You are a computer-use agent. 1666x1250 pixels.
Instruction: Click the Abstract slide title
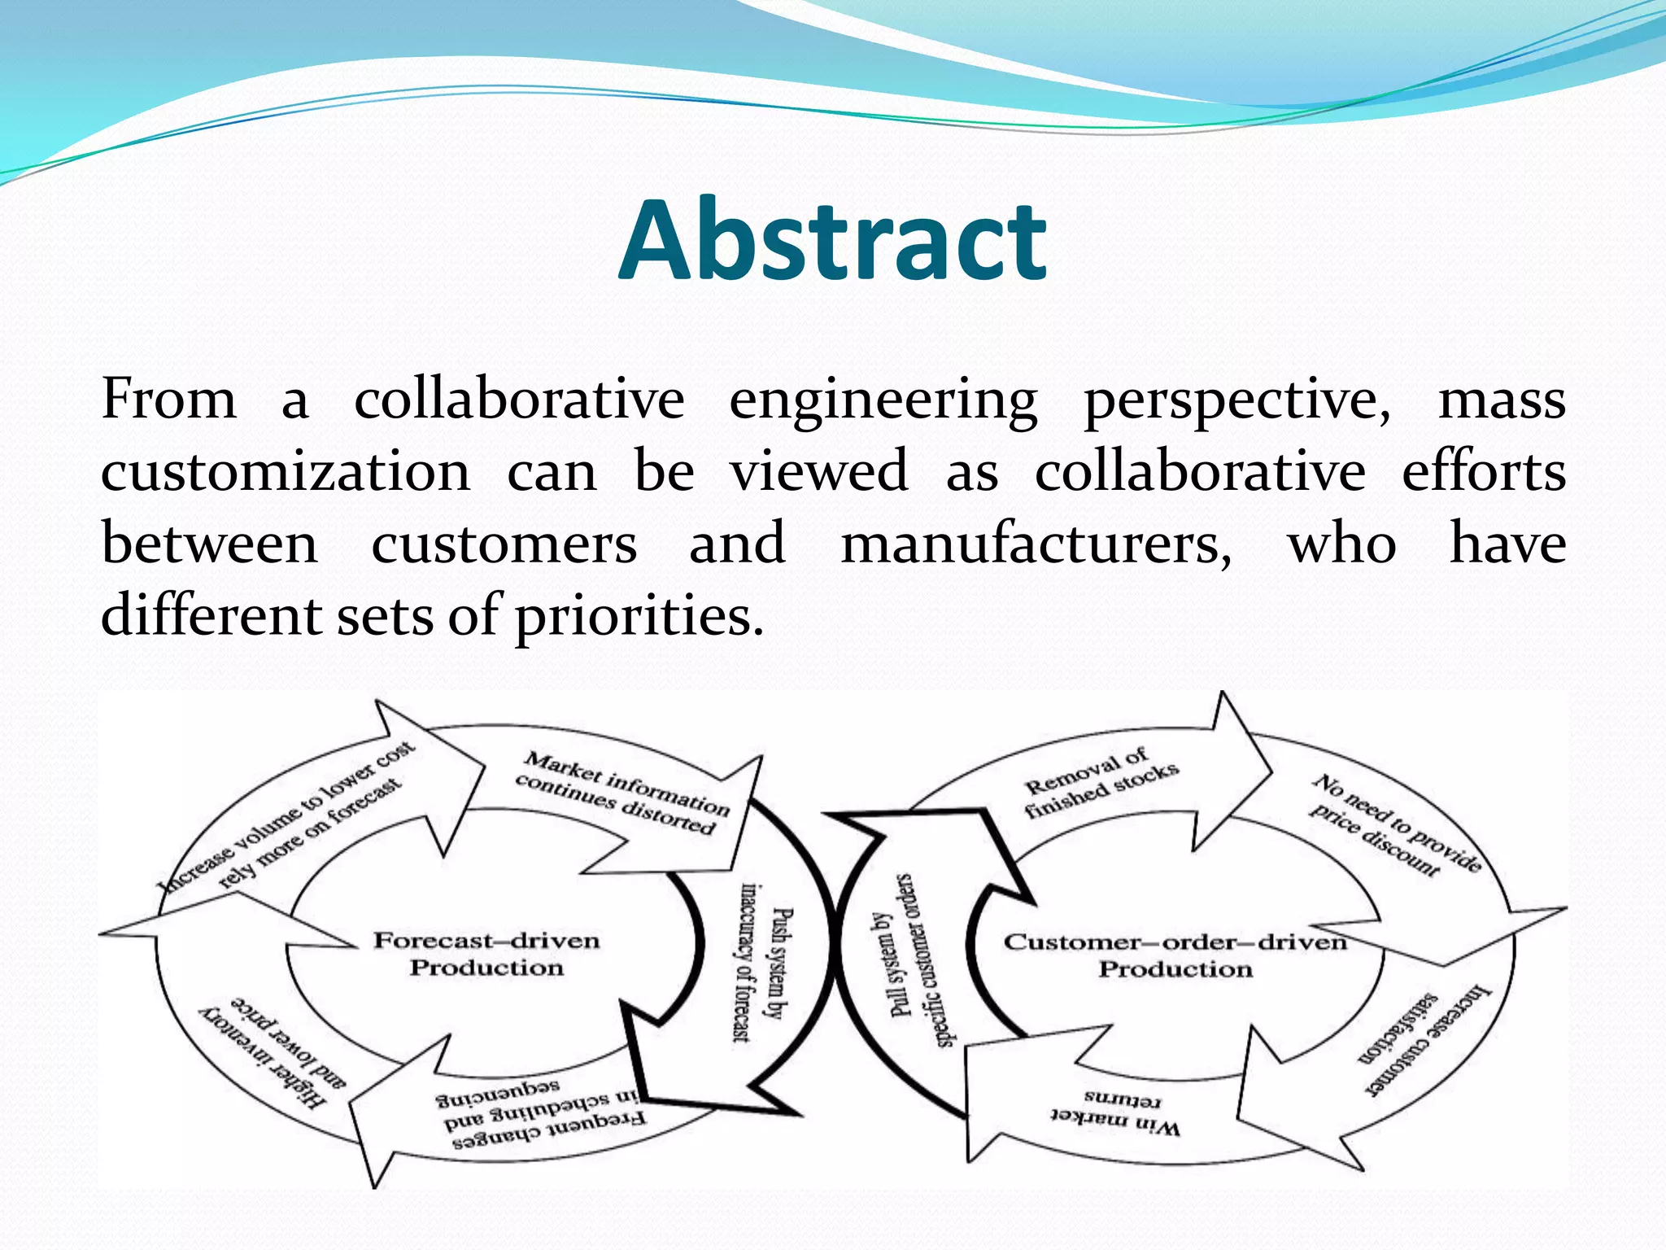[x=832, y=241]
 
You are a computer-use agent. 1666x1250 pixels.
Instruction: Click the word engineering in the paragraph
[x=883, y=401]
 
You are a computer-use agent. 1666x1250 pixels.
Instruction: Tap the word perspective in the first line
[x=1236, y=401]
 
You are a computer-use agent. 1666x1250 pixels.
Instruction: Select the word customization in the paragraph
[x=286, y=472]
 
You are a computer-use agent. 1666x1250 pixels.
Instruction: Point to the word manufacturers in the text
[x=1036, y=544]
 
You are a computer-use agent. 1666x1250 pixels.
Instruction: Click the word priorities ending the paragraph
[x=639, y=615]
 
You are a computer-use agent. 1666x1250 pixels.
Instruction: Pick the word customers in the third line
[x=504, y=544]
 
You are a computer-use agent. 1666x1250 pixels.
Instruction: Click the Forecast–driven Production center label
[x=486, y=954]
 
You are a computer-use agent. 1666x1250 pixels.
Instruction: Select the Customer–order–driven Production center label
[x=1175, y=955]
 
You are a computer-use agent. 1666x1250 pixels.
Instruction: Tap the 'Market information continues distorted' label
[x=622, y=793]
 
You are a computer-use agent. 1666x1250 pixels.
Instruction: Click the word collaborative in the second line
[x=1199, y=472]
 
